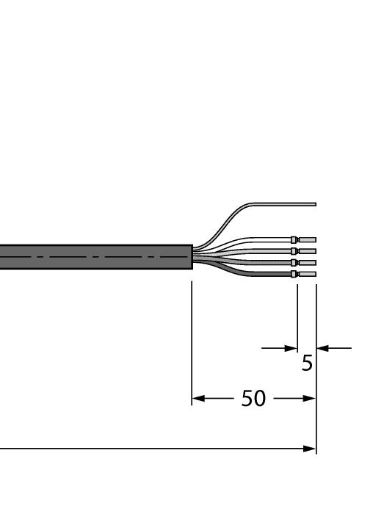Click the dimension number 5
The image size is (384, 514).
click(x=307, y=363)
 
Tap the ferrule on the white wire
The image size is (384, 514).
click(x=294, y=239)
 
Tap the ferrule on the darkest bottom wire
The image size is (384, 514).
click(x=294, y=274)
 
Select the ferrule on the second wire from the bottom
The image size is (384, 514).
click(x=294, y=262)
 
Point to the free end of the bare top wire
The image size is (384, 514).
click(x=314, y=204)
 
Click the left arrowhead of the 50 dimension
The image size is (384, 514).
click(x=197, y=399)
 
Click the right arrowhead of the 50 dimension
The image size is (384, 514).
click(x=311, y=399)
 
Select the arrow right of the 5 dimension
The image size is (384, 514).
click(x=322, y=348)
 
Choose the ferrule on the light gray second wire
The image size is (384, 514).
click(x=294, y=251)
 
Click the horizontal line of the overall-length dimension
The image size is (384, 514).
click(x=147, y=448)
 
